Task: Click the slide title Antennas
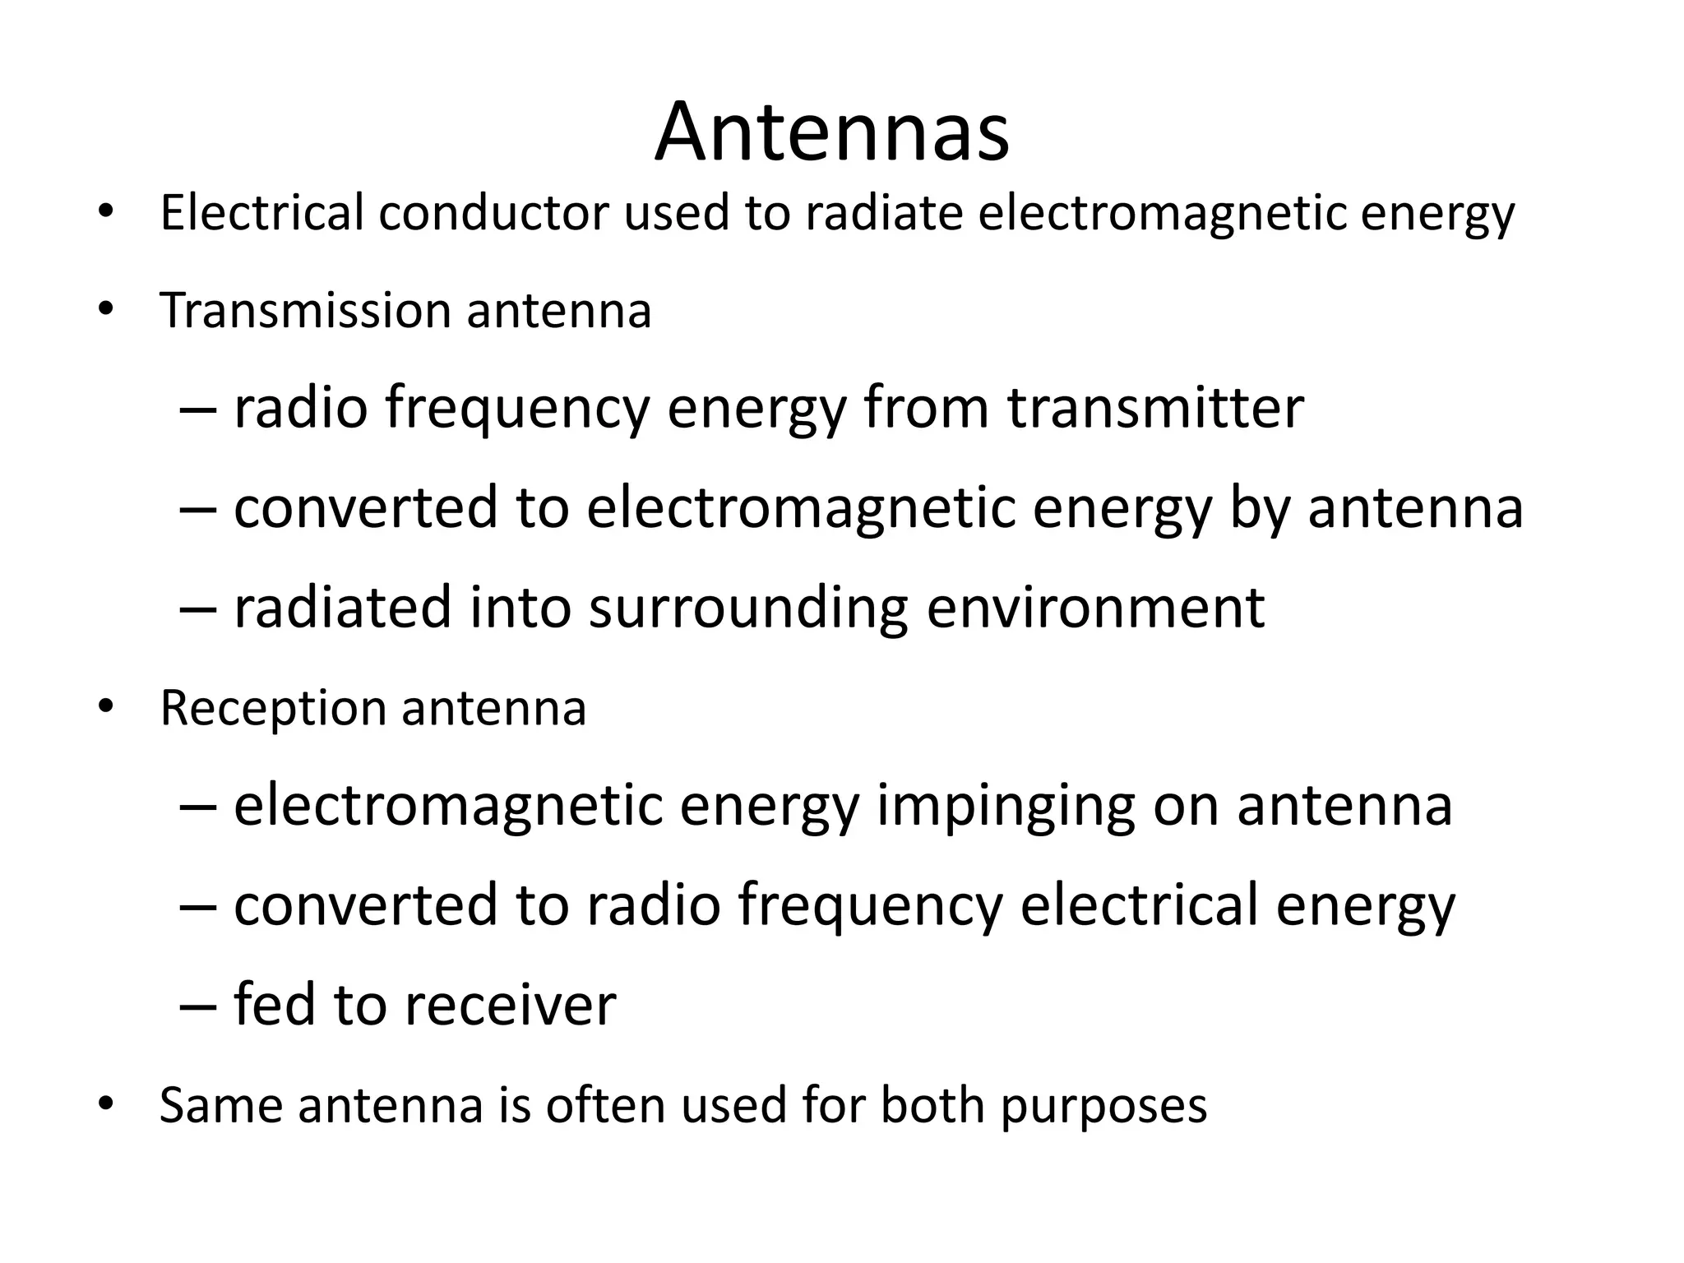click(831, 132)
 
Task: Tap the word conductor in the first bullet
click(493, 213)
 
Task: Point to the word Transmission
click(305, 312)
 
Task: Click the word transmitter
click(1155, 408)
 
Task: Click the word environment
click(1095, 608)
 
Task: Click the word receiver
click(510, 1005)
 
